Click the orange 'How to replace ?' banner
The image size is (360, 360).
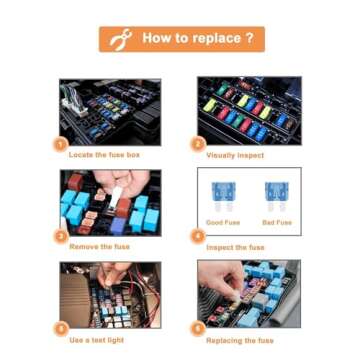click(181, 39)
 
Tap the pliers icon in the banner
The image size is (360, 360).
click(122, 39)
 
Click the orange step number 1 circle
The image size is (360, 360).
click(60, 144)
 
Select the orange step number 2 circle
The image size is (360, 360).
click(198, 144)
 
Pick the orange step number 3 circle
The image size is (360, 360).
click(60, 236)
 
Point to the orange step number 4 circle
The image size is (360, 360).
click(198, 236)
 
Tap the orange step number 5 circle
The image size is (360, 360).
click(60, 328)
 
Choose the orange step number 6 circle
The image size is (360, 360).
click(198, 328)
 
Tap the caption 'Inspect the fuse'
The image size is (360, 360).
click(235, 247)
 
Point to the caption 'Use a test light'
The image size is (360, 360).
click(96, 339)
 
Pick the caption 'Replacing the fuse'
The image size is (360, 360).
click(237, 339)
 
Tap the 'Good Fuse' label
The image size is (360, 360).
click(222, 222)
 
